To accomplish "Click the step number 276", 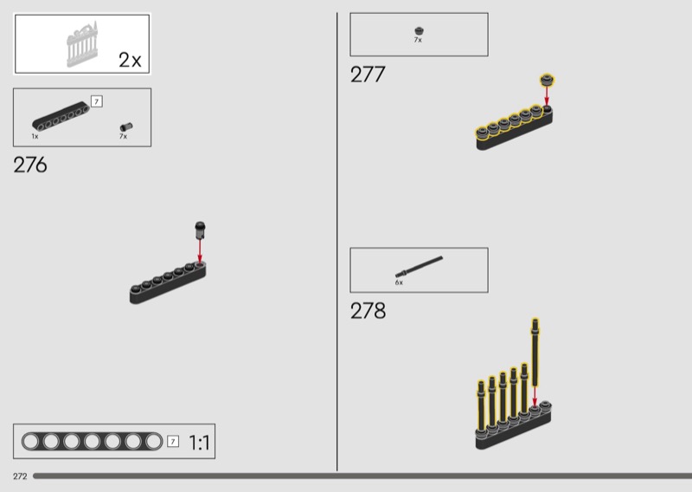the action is point(30,165).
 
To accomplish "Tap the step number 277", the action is point(368,74).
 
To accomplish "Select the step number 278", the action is point(368,310).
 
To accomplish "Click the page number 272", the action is point(20,476).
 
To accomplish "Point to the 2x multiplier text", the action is point(130,60).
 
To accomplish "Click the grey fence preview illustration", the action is point(82,44).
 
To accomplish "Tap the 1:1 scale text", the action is point(199,442).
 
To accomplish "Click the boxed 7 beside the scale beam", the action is point(173,441).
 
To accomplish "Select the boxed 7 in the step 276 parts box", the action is point(97,101).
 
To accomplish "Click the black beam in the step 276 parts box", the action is point(61,116).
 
